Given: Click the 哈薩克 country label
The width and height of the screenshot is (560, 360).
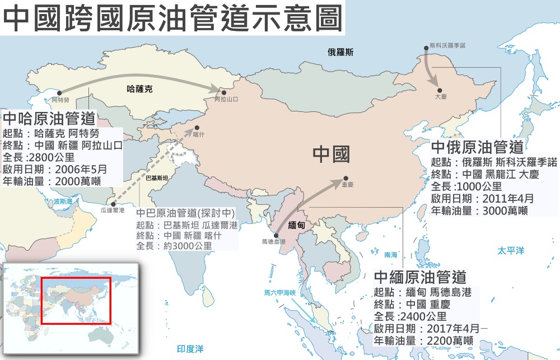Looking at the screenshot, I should pyautogui.click(x=140, y=88).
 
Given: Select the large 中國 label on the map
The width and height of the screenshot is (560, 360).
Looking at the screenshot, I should pyautogui.click(x=331, y=155).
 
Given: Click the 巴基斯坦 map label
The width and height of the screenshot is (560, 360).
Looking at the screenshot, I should pyautogui.click(x=157, y=177).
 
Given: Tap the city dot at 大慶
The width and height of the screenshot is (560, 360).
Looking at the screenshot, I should pyautogui.click(x=440, y=90).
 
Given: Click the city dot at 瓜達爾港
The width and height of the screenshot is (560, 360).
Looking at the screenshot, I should pyautogui.click(x=114, y=204).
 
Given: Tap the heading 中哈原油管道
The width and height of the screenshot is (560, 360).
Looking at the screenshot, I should pyautogui.click(x=49, y=119).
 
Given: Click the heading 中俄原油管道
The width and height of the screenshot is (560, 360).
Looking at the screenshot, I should pyautogui.click(x=477, y=147).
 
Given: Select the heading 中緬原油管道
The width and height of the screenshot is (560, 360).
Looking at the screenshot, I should pyautogui.click(x=420, y=277).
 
